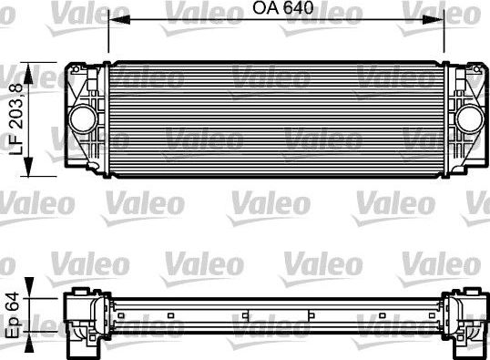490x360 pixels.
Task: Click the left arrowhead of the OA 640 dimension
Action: [x=113, y=21]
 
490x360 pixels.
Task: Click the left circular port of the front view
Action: [x=83, y=118]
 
